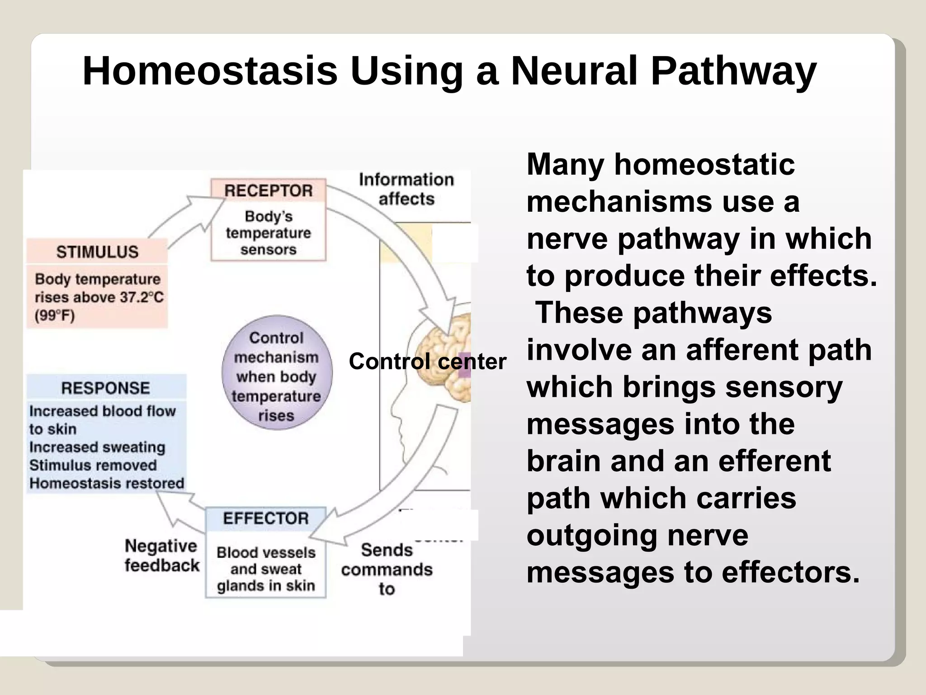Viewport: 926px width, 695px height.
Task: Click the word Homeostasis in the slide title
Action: point(210,71)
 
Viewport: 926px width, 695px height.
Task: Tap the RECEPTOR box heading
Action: point(268,190)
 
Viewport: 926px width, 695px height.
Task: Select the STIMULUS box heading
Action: point(97,252)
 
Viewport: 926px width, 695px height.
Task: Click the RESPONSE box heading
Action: point(105,388)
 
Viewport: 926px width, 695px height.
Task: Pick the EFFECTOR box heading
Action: point(265,518)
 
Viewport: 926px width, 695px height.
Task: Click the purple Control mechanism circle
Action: point(277,372)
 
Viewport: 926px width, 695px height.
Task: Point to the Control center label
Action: point(427,362)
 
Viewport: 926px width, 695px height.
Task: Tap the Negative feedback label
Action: point(161,556)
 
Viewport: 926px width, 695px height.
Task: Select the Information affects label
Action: point(406,189)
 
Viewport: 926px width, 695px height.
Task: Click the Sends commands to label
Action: point(387,569)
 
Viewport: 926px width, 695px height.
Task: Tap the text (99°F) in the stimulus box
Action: point(55,315)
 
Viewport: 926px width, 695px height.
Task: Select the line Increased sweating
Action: point(97,447)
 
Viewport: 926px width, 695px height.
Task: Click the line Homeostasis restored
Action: point(107,483)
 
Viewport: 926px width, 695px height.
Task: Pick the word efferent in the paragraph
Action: point(774,461)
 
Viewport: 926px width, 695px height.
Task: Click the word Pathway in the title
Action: point(733,71)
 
